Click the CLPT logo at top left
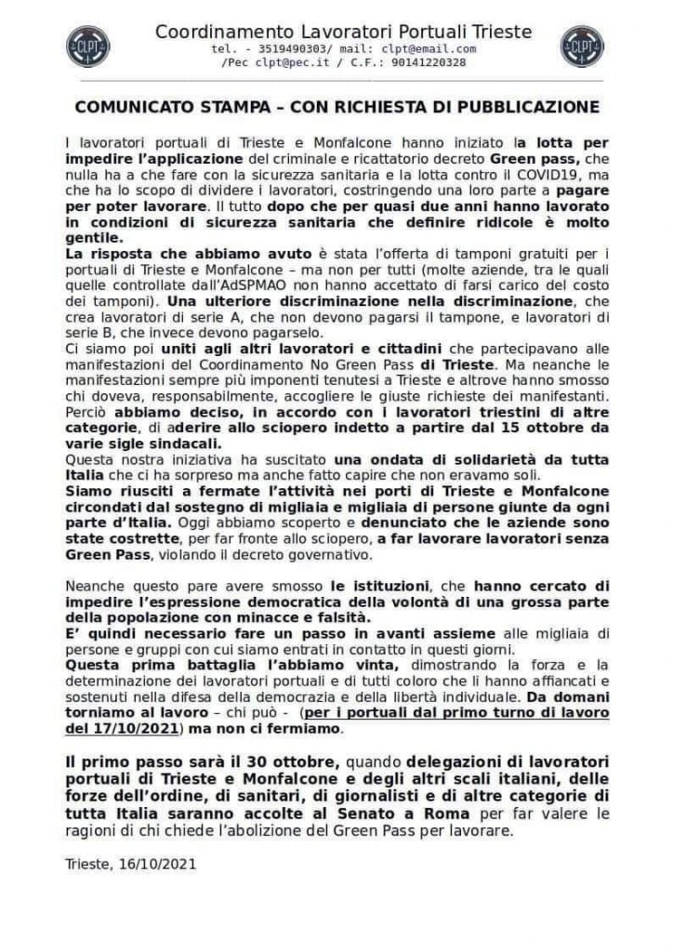[88, 46]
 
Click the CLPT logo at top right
[582, 46]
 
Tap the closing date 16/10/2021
[154, 863]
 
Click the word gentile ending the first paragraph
[93, 238]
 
